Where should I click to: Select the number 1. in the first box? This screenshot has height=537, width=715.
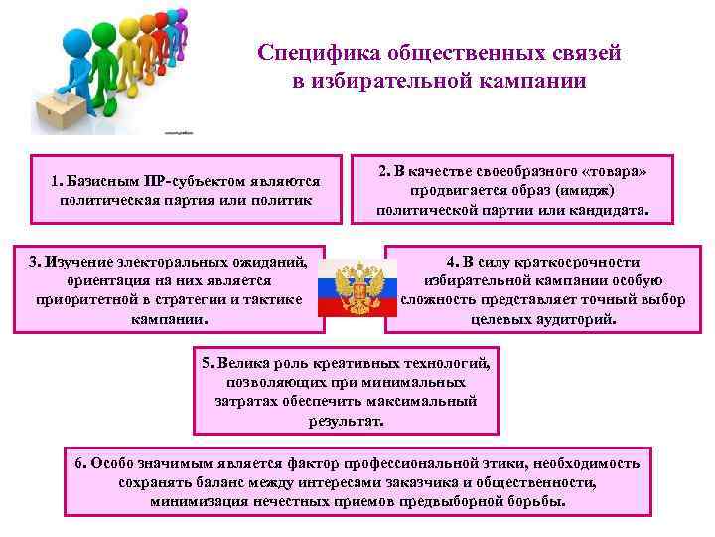point(57,182)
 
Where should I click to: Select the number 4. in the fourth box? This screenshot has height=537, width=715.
point(452,262)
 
